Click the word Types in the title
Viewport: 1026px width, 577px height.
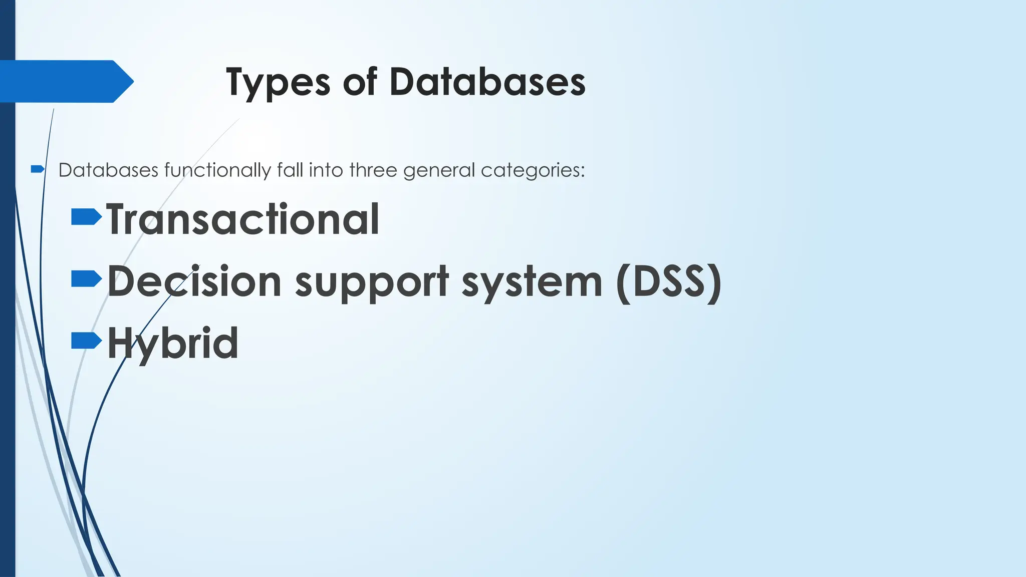coord(278,83)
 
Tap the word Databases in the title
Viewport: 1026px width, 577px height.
coord(487,82)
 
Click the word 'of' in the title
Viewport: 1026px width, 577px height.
coord(359,82)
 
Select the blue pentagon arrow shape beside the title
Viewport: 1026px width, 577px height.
coord(65,81)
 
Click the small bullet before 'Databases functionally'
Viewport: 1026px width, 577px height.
coord(38,169)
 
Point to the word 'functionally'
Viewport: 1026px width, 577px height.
coord(217,170)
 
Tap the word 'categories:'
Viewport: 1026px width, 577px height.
coord(533,171)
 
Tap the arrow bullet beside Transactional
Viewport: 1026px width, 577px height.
coord(86,217)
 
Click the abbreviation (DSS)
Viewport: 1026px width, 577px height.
coord(669,282)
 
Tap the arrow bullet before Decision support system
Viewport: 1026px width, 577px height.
coord(86,279)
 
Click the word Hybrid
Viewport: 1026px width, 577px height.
coord(173,344)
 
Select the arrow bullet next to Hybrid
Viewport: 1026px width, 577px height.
coord(86,341)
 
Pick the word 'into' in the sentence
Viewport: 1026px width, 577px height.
coord(326,170)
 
